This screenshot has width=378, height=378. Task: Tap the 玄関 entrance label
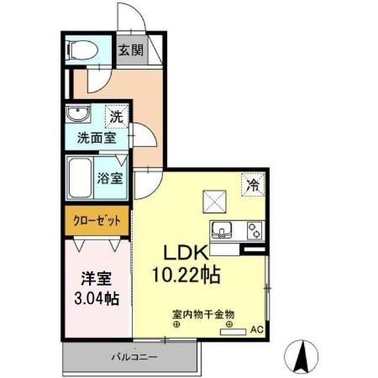click(129, 50)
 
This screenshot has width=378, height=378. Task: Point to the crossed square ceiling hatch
click(213, 200)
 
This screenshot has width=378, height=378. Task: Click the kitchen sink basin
click(224, 229)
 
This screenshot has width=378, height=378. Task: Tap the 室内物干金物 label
click(204, 315)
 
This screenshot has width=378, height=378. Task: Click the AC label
click(258, 329)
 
